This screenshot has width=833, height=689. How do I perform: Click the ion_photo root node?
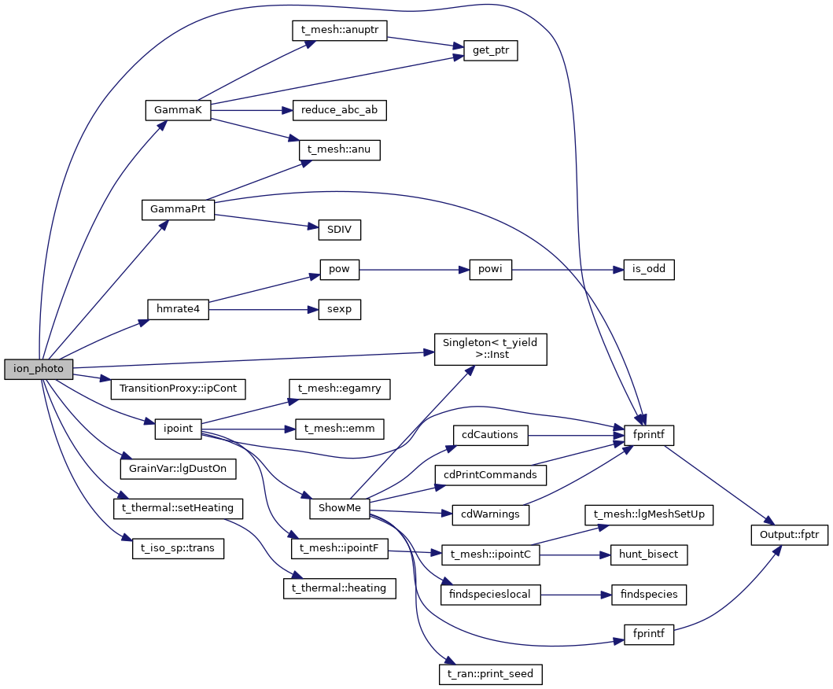click(x=38, y=368)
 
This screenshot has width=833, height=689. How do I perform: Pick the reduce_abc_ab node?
click(x=339, y=110)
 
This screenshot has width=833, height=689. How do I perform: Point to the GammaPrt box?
click(x=178, y=210)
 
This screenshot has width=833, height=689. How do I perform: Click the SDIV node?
click(x=339, y=230)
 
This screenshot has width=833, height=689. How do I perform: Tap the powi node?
click(x=490, y=270)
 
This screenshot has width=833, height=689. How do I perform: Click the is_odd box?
click(x=648, y=270)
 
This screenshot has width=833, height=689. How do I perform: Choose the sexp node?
click(x=339, y=310)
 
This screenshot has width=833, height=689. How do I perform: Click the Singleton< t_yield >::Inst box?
click(x=491, y=348)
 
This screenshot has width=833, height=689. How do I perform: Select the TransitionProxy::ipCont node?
click(x=179, y=389)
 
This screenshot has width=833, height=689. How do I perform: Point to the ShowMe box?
click(x=339, y=508)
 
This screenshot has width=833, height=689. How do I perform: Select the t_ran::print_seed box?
click(x=491, y=674)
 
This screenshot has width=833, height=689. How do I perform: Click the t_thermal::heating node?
click(x=339, y=588)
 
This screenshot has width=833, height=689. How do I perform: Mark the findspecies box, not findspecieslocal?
click(x=649, y=595)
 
